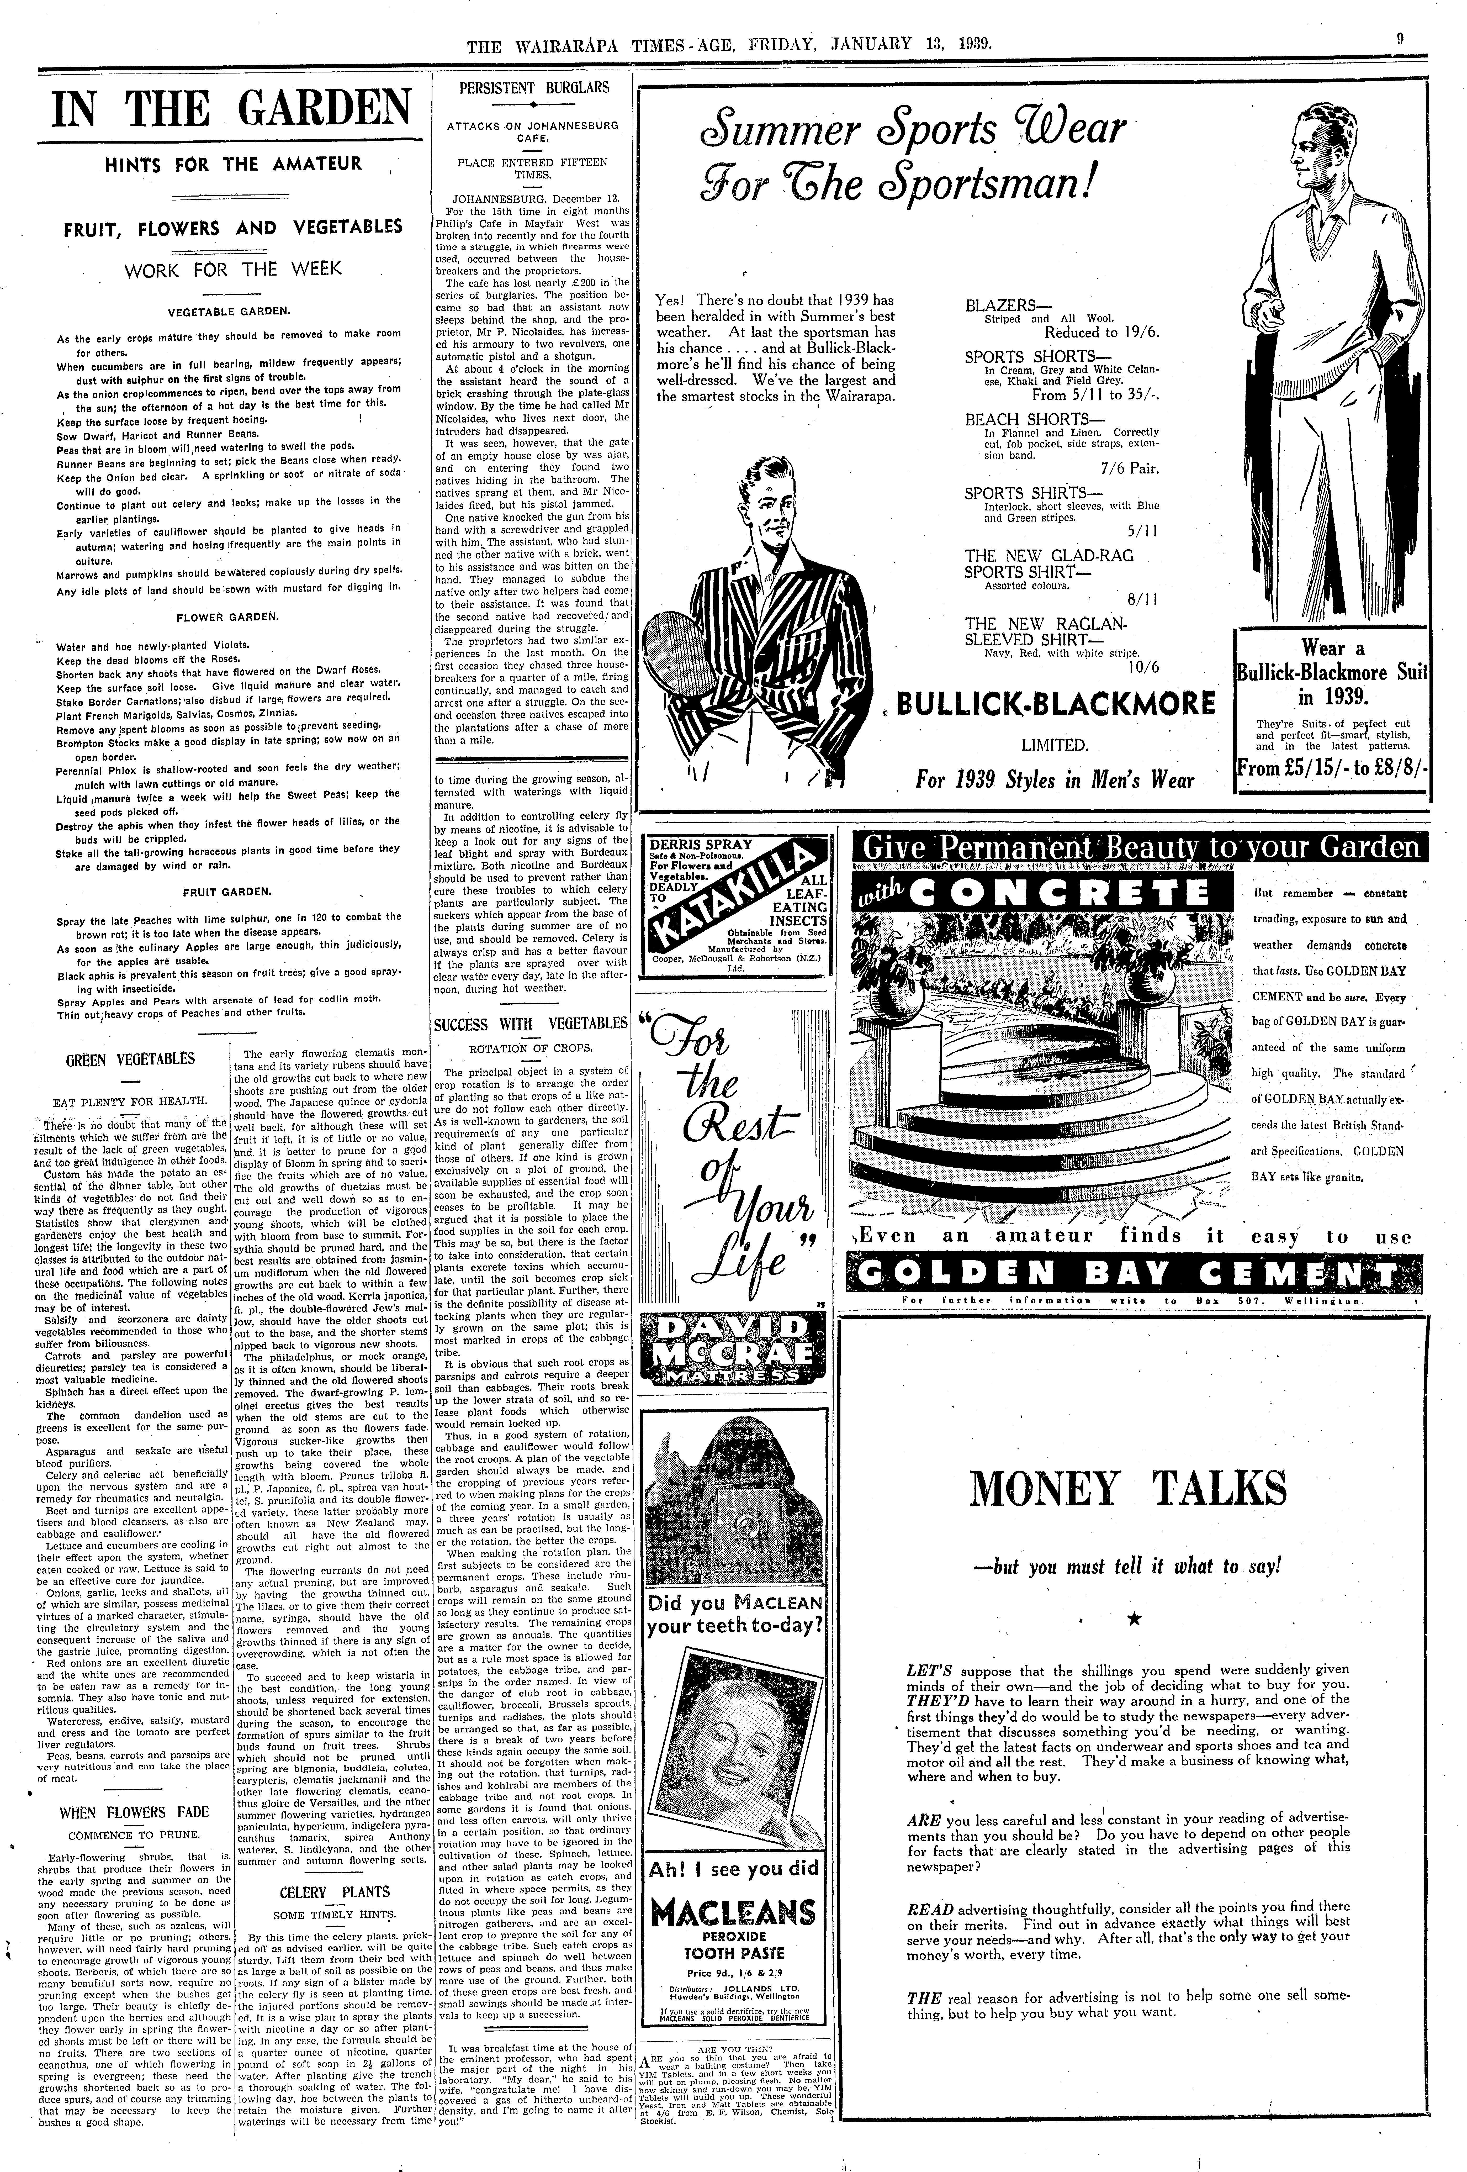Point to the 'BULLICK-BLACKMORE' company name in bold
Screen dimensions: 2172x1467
pos(1056,703)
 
